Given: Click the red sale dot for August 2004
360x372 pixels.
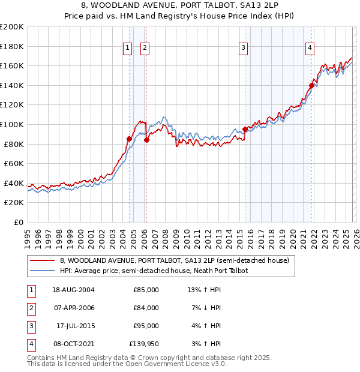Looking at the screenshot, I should click(129, 139).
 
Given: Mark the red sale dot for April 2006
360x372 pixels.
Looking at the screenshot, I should click(146, 140).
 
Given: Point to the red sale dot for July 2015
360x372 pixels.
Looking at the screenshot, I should click(245, 129).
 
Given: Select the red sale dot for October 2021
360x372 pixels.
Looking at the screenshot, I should click(311, 85).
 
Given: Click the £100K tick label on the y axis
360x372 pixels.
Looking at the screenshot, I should click(12, 124).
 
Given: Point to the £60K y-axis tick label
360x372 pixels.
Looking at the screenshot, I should click(14, 163).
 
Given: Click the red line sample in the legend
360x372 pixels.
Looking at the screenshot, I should click(43, 260).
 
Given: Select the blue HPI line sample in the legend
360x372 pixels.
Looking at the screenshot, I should click(43, 271).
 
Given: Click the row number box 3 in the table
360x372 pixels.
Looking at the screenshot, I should click(30, 326).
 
